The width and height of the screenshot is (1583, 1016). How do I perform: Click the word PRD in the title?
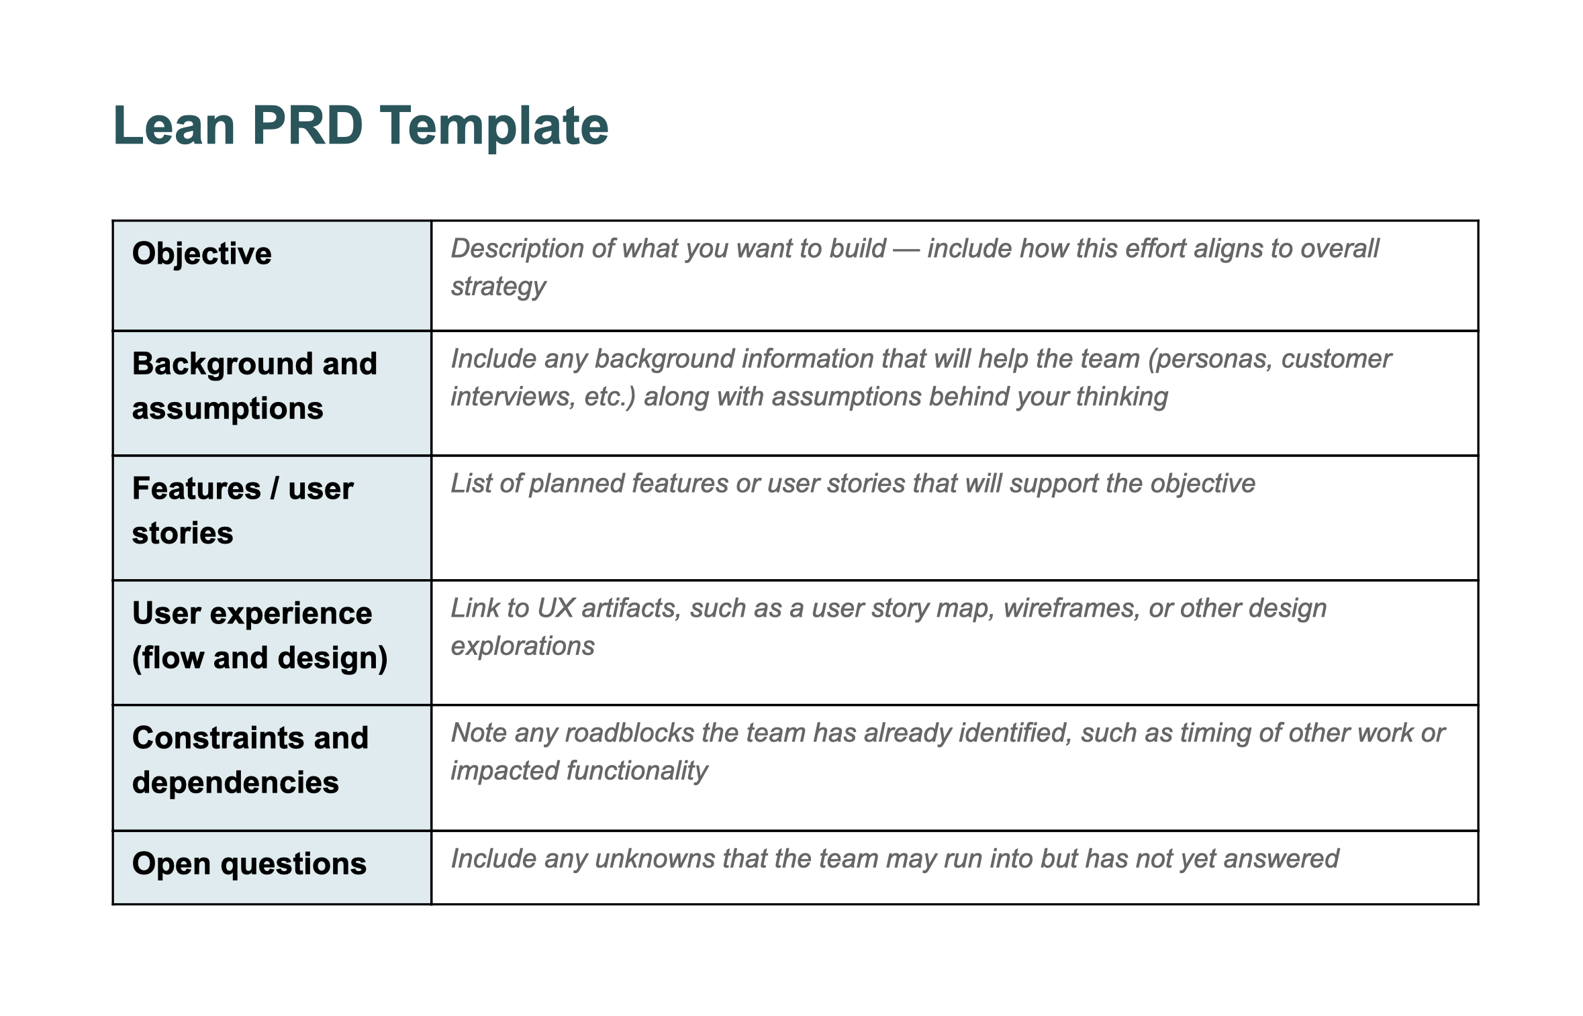[x=307, y=125]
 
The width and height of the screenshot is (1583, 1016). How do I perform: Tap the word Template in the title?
[x=494, y=125]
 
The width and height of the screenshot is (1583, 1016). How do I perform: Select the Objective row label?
[x=201, y=254]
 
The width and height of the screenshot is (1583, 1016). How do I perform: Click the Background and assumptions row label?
[x=254, y=386]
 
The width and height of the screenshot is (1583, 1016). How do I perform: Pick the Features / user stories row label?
[x=242, y=511]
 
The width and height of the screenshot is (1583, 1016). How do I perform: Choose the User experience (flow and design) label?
[x=259, y=636]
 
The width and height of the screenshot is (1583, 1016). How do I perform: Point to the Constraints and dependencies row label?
[x=250, y=760]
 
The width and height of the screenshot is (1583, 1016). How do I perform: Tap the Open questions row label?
[x=249, y=864]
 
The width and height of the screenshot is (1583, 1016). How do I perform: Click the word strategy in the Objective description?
[x=498, y=287]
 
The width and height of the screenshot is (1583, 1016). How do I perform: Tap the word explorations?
[x=522, y=646]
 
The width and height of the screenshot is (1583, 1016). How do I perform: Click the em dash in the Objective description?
[x=906, y=249]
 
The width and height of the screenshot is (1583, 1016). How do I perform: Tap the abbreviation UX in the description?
[x=555, y=608]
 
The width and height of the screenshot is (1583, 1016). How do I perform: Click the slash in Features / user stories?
[x=274, y=489]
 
